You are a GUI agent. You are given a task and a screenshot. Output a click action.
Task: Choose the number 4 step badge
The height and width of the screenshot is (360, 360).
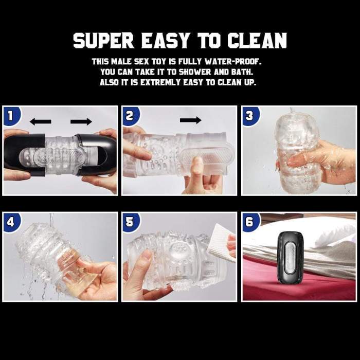pyautogui.click(x=10, y=222)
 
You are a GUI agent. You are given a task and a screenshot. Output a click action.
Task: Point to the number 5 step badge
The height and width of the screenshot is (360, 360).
pyautogui.click(x=129, y=222)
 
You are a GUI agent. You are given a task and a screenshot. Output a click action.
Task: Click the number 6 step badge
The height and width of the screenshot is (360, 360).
pyautogui.click(x=249, y=222)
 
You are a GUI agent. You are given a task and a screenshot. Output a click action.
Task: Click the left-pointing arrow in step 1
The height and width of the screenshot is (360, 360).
pyautogui.click(x=41, y=122)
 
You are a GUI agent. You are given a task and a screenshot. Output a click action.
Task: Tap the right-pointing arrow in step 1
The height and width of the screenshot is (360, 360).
pyautogui.click(x=81, y=122)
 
